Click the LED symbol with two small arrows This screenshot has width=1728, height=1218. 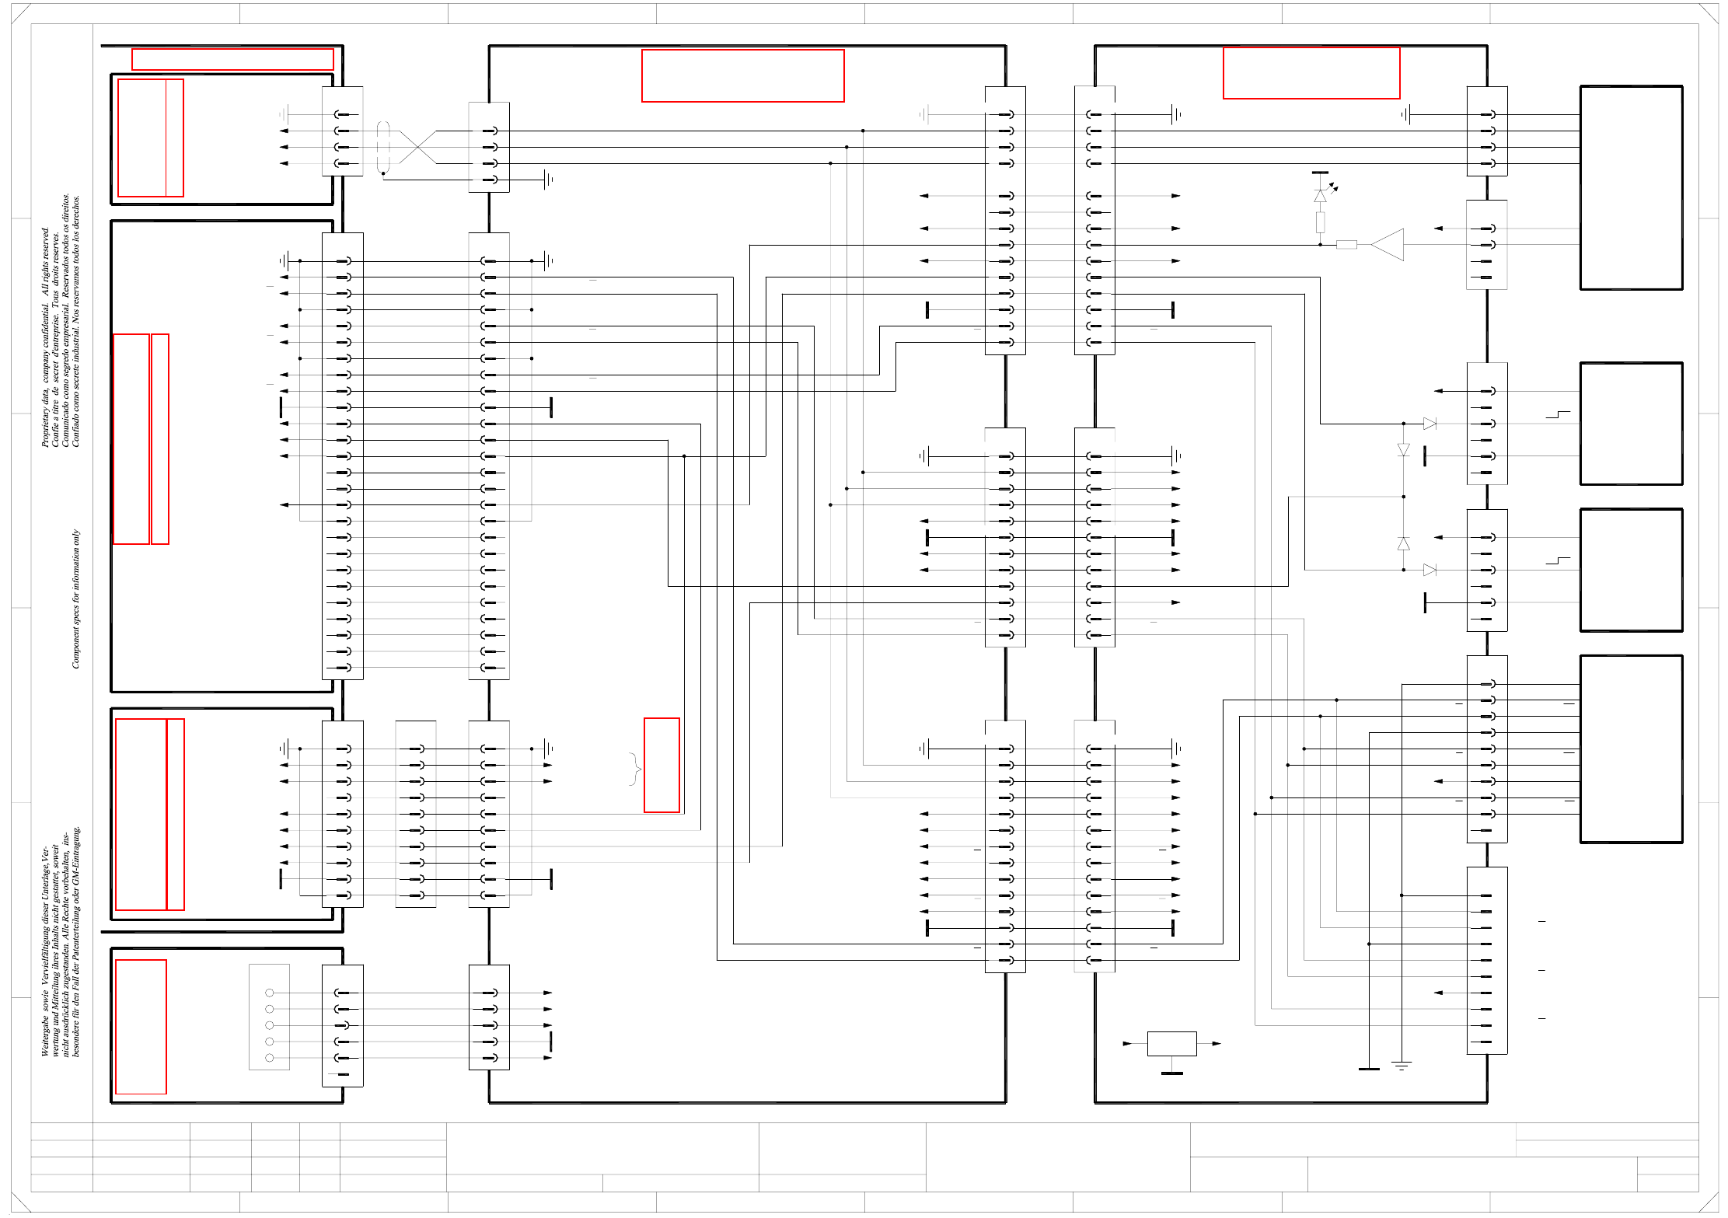[x=1321, y=195]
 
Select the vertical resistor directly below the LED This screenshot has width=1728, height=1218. [x=1320, y=222]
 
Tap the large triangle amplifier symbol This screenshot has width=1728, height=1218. [x=1389, y=244]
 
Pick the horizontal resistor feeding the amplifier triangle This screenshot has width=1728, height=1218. [x=1346, y=245]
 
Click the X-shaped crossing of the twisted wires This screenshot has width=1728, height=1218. [x=418, y=147]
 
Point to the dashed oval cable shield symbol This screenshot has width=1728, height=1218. [x=382, y=147]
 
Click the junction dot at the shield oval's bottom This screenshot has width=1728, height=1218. [x=383, y=174]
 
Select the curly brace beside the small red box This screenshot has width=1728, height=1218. [x=635, y=769]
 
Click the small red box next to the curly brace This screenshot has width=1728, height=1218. [x=662, y=765]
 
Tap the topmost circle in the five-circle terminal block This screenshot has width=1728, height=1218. [x=270, y=993]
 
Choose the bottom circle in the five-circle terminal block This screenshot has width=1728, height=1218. [x=270, y=1058]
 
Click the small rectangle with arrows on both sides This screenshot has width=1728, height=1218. [x=1171, y=1043]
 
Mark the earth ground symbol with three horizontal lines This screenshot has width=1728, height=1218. [x=1402, y=1066]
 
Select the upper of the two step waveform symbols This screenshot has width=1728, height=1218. [x=1558, y=415]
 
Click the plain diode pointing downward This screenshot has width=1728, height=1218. [x=1403, y=450]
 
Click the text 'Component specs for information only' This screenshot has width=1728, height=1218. [x=75, y=599]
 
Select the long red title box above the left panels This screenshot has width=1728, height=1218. [x=232, y=59]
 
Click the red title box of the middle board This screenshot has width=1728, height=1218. [x=742, y=75]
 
